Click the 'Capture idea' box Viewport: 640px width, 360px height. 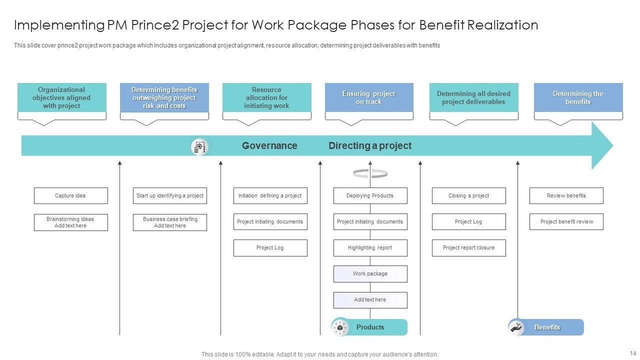[x=70, y=195]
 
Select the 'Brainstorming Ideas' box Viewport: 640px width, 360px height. [x=70, y=222]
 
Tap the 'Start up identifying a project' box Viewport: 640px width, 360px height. [x=170, y=195]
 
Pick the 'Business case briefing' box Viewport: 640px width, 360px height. [x=170, y=222]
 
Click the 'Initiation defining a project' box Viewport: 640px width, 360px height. [x=270, y=195]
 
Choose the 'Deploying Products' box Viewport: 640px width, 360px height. [x=370, y=195]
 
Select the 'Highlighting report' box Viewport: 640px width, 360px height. [x=370, y=247]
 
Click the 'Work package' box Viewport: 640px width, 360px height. [x=370, y=273]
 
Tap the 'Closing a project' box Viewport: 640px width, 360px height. [x=468, y=195]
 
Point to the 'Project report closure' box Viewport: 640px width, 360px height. [x=468, y=247]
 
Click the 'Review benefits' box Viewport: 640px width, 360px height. [x=566, y=195]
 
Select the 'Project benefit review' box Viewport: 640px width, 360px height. [x=566, y=221]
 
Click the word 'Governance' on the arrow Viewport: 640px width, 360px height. [x=269, y=145]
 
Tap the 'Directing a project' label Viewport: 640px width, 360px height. [x=370, y=145]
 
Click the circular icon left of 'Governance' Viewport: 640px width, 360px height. [x=200, y=146]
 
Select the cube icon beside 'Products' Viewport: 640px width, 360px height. [x=340, y=327]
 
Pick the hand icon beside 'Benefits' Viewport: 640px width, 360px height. [x=516, y=327]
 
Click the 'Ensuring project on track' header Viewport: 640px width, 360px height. [x=369, y=97]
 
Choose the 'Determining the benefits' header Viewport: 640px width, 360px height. [x=578, y=97]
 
